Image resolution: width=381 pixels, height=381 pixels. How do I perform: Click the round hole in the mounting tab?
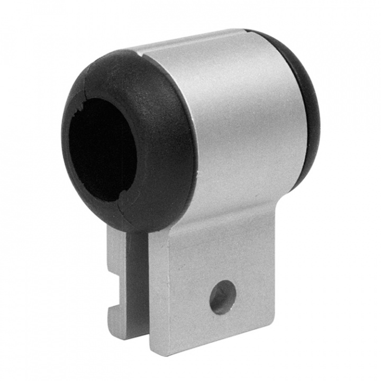pyautogui.click(x=222, y=297)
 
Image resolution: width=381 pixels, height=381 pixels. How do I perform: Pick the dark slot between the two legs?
pyautogui.click(x=139, y=286)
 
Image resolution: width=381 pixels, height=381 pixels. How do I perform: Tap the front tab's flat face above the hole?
pyautogui.click(x=217, y=254)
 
